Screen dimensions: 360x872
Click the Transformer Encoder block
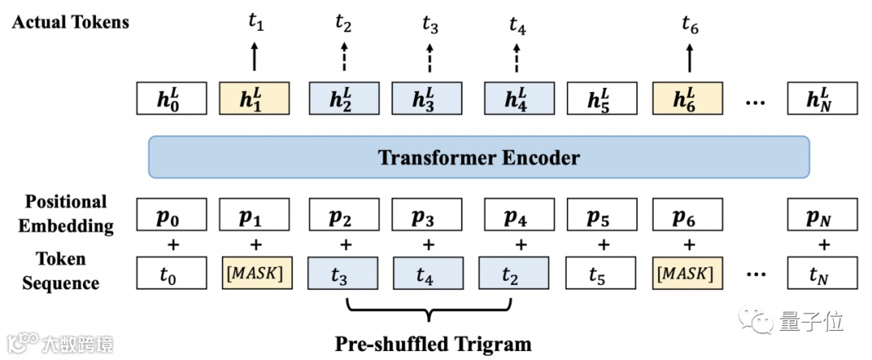coord(479,157)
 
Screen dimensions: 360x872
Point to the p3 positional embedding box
coord(427,217)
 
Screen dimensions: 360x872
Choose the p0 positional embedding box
coord(170,217)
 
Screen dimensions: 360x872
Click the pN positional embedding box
coord(823,217)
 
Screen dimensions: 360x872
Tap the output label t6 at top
coord(689,27)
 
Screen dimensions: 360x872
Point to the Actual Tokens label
coord(70,23)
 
